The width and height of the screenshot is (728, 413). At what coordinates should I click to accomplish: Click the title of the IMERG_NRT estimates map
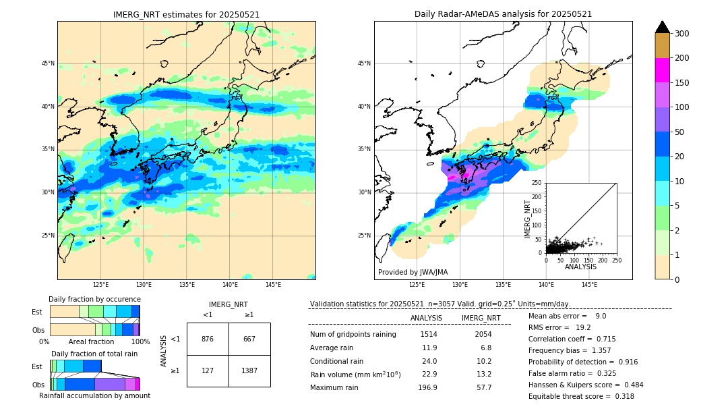pos(186,14)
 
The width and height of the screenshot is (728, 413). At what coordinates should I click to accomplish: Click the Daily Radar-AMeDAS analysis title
pos(503,14)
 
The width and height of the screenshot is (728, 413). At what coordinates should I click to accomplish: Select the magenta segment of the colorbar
pos(663,70)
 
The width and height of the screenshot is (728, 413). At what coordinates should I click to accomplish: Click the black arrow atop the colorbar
pos(663,27)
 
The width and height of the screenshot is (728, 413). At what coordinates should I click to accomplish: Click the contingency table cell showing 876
pos(208,339)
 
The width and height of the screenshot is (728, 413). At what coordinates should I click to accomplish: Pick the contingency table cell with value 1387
pos(249,370)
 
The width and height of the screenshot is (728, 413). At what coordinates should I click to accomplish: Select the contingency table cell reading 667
pos(249,339)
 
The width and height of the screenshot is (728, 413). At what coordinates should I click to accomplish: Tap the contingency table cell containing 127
pos(208,370)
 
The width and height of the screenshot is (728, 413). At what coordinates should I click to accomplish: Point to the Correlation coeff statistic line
pos(572,339)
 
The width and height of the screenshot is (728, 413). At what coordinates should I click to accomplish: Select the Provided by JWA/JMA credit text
pos(413,272)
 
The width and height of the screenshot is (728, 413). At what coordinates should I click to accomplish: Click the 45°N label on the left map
pos(48,63)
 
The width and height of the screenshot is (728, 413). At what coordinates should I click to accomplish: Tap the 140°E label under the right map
pos(546,285)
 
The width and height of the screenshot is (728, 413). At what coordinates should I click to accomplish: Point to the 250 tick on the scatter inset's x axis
pos(617,260)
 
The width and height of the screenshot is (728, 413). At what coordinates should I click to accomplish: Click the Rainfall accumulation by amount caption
pos(94,395)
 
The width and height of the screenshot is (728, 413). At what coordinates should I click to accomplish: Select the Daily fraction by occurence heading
pos(94,299)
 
